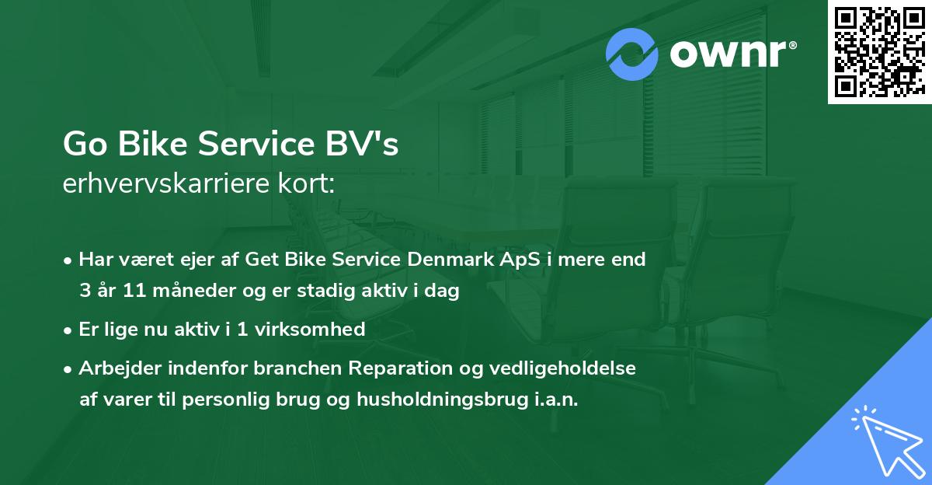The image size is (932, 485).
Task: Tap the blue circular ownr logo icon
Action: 631,54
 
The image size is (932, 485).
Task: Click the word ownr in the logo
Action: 728,54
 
